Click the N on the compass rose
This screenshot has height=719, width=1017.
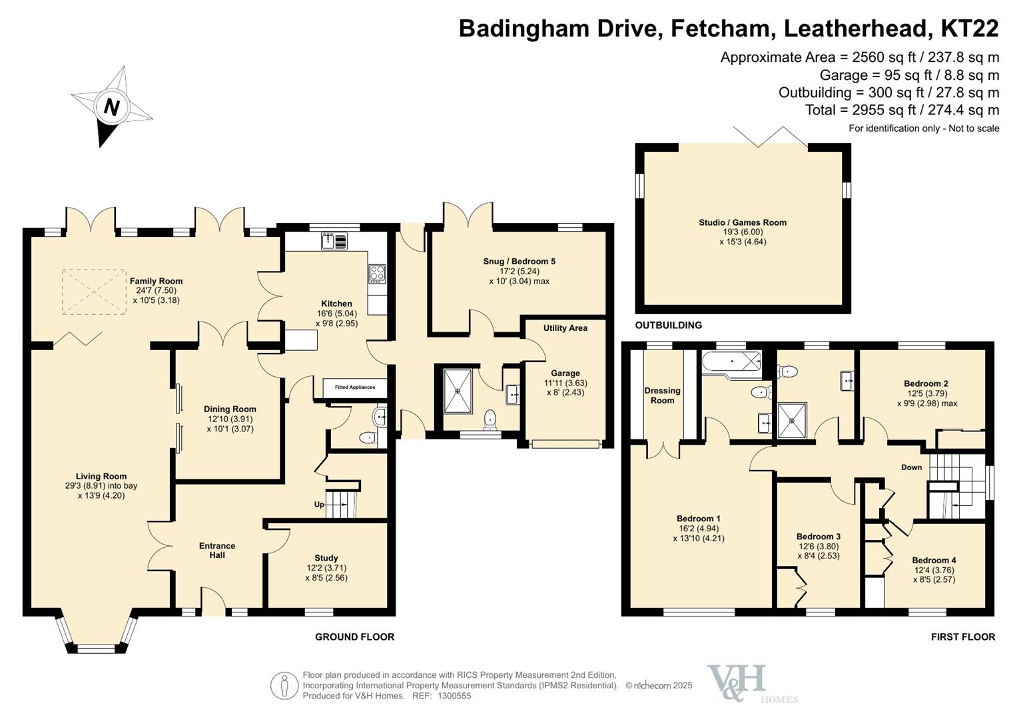point(112,107)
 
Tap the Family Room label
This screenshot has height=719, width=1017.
point(157,281)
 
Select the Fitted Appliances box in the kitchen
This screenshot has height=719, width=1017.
point(355,387)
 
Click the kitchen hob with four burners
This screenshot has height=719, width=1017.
point(377,274)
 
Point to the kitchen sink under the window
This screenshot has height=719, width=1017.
point(334,240)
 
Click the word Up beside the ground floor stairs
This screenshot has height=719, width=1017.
point(319,505)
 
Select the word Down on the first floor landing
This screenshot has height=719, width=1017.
point(912,467)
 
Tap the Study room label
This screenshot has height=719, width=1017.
point(326,558)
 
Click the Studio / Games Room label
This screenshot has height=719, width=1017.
point(743,222)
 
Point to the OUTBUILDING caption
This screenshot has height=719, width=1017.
point(668,325)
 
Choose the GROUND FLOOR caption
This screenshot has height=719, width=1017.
point(354,637)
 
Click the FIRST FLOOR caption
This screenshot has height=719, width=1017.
point(963,637)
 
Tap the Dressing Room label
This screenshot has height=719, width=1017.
point(663,395)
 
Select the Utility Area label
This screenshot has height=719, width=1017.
point(565,328)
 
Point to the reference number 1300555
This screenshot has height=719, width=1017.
point(454,696)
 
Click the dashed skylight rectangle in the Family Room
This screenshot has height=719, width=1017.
point(94,292)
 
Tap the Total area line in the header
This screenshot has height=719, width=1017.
point(902,110)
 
